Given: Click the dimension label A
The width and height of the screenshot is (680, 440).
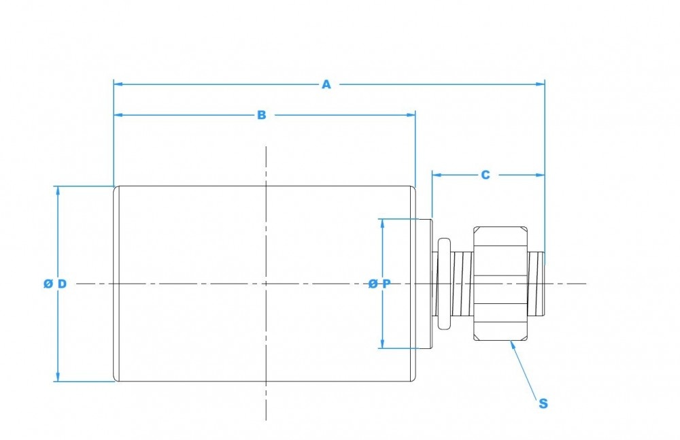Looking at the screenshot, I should click(x=326, y=84).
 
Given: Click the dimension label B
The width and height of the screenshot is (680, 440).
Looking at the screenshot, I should click(x=261, y=116).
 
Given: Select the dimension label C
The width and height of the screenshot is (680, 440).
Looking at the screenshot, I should click(x=485, y=175).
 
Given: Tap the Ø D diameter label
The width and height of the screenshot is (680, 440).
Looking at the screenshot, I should click(x=54, y=284).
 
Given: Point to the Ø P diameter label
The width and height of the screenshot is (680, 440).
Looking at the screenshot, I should click(x=379, y=284).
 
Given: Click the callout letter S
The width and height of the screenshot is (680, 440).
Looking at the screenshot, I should click(x=543, y=403).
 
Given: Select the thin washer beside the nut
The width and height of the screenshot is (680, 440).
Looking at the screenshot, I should click(x=444, y=283).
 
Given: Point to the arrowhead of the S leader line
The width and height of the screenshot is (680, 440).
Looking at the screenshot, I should click(x=512, y=342).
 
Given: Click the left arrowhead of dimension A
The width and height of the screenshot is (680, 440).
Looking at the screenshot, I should click(x=118, y=84).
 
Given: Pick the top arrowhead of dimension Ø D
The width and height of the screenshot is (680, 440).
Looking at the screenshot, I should click(x=58, y=190).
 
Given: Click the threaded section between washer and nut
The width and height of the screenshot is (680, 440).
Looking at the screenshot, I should click(x=462, y=283).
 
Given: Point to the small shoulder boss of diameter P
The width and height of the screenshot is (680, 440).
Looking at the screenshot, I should click(x=424, y=283).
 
